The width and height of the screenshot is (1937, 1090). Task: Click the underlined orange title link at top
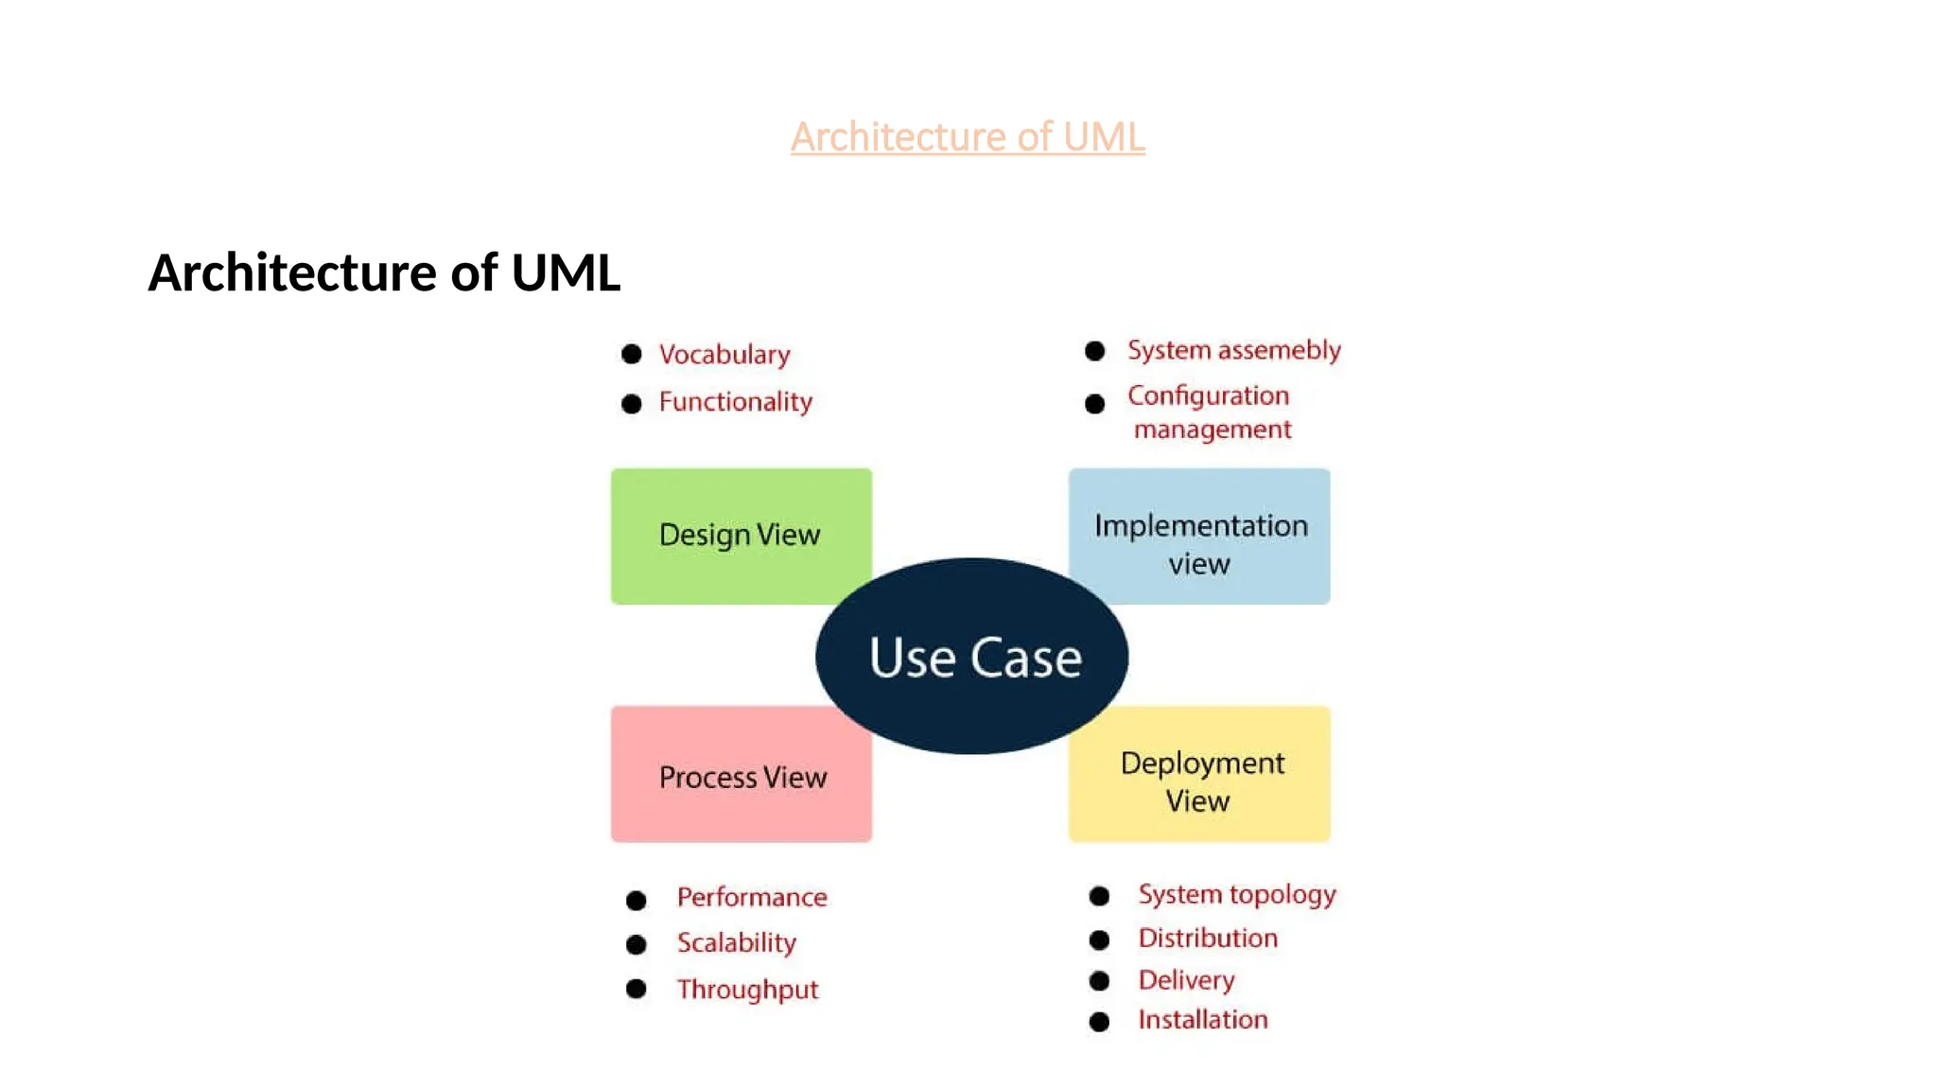click(968, 137)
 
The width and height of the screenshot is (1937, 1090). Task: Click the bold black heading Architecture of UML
click(384, 272)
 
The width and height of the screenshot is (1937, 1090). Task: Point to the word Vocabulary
click(724, 355)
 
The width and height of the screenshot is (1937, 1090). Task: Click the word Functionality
click(736, 402)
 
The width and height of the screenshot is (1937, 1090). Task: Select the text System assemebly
click(1233, 350)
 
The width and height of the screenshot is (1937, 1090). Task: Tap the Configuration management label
click(1210, 413)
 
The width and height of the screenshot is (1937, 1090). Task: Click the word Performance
click(752, 897)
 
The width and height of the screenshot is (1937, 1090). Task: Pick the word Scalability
click(737, 943)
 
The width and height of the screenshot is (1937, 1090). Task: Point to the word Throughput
click(747, 990)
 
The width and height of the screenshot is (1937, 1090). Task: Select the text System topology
click(1237, 894)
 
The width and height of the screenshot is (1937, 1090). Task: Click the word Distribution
click(1208, 939)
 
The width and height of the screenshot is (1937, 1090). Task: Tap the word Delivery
click(1186, 980)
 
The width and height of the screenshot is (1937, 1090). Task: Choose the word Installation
click(1203, 1020)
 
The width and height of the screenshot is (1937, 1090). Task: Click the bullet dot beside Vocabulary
click(632, 354)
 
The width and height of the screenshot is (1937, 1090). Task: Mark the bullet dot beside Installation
click(1099, 1022)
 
